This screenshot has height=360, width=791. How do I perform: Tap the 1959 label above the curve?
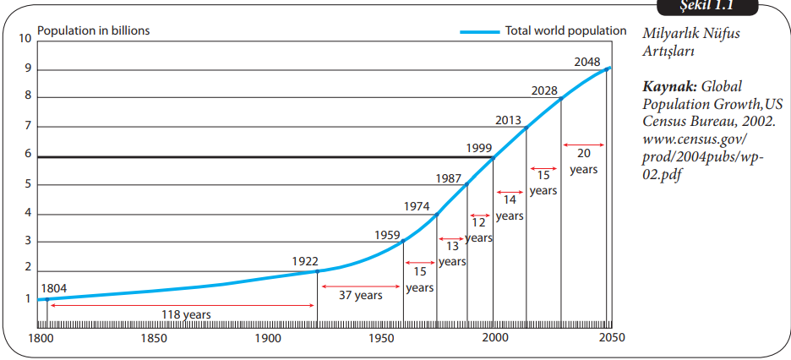point(387,235)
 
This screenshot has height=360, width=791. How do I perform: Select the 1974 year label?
point(417,205)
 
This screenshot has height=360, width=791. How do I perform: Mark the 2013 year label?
point(510,119)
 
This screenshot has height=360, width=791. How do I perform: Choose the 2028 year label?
point(544,90)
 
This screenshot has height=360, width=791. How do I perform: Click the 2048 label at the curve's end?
point(587,61)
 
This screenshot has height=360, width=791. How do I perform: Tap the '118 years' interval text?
point(185,314)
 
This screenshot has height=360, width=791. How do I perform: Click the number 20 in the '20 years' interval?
point(583,154)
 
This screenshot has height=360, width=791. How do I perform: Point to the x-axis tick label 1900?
point(269,339)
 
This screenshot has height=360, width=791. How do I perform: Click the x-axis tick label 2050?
point(611,339)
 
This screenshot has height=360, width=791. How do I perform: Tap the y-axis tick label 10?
point(26,39)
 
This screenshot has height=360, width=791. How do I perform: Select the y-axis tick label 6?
point(29,155)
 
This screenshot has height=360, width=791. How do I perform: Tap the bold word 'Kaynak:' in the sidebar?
point(669,87)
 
